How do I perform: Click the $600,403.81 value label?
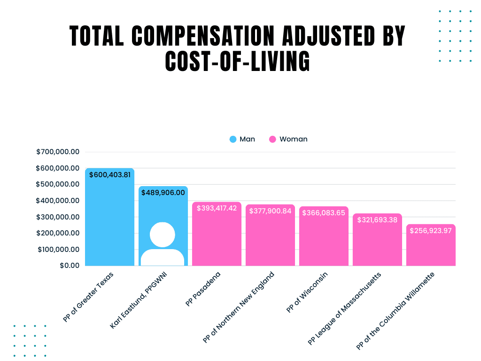109,175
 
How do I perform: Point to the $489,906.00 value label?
163,192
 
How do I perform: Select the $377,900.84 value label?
270,211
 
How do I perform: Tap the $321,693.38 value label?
377,220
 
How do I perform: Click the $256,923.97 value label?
431,231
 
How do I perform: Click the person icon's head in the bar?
163,234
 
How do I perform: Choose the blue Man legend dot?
233,139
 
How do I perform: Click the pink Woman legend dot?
272,139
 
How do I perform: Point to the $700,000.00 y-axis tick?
58,152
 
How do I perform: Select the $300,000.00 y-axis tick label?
58,217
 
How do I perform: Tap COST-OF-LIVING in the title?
238,61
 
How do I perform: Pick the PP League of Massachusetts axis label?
345,308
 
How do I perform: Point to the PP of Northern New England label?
239,307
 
